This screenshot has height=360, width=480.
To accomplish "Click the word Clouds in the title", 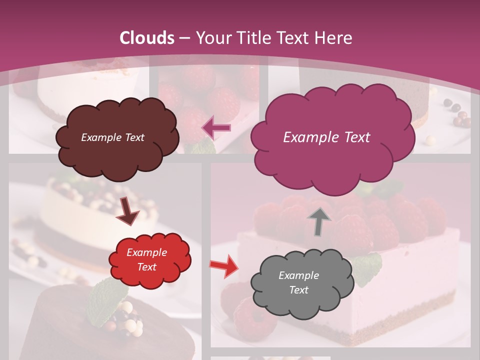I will point(147,38).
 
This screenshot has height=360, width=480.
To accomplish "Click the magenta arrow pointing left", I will point(216,128).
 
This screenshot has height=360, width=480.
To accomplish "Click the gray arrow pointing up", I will point(318,221).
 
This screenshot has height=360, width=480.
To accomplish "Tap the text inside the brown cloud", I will point(112,137).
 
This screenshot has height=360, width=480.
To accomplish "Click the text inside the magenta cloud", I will point(326,137).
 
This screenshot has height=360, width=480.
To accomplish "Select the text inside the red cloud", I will point(146,259).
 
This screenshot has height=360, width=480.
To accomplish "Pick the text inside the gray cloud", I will point(298,282).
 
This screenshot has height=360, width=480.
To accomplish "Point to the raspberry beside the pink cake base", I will point(253,317).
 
